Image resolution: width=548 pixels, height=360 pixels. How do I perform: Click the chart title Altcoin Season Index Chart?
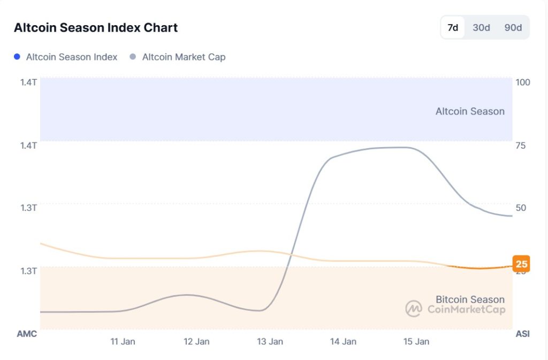[96, 28]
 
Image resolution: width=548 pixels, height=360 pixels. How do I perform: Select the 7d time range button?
[453, 28]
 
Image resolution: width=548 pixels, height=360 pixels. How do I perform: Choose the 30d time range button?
[481, 28]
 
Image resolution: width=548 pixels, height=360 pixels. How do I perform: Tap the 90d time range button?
[513, 28]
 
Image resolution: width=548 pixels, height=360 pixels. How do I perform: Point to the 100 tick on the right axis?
[522, 82]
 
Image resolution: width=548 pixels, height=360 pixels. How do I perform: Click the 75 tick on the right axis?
[521, 145]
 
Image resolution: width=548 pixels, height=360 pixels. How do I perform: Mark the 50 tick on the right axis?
[521, 208]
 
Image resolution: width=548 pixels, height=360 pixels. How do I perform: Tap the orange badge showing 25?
[521, 264]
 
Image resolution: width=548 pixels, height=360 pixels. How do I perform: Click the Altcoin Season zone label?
[470, 111]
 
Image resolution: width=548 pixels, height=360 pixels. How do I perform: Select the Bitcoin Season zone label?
[470, 300]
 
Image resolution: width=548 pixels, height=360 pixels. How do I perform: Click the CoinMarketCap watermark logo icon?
[414, 309]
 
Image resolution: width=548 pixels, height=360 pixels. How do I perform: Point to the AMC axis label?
[27, 334]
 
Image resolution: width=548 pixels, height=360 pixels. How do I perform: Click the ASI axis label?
[522, 334]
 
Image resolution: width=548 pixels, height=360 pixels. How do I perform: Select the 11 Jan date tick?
[123, 341]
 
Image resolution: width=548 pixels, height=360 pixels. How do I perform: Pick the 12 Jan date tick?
[196, 341]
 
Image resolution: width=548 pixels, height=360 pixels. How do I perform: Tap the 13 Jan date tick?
[270, 341]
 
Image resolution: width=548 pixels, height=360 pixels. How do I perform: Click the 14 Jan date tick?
[343, 341]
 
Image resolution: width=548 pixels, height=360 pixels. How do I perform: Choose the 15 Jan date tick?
[416, 341]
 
